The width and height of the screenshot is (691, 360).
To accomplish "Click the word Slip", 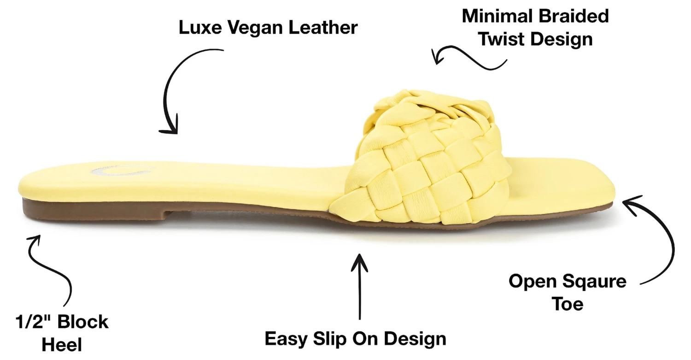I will (333, 339).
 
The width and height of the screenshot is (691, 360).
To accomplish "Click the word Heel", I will (61, 344).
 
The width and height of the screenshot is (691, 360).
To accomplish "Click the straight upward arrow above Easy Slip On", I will (359, 286).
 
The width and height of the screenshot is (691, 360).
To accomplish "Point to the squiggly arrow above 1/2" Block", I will (51, 267).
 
